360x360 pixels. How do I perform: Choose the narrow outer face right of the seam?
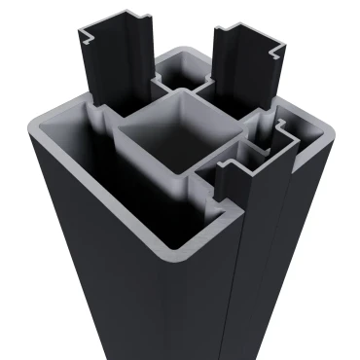tap(282, 263)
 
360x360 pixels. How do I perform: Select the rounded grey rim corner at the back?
tap(180, 49)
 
